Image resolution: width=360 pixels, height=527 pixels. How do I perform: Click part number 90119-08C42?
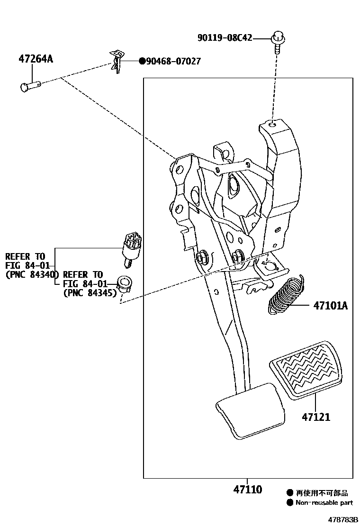[x=225, y=37]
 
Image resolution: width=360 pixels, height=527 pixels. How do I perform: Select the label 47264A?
[x=36, y=59]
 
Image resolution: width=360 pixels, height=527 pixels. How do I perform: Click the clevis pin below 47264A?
[x=31, y=86]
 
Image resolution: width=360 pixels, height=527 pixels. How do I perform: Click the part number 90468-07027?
[x=173, y=61]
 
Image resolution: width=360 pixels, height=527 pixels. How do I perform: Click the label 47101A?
[x=330, y=306]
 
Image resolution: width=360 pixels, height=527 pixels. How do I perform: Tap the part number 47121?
[x=316, y=417]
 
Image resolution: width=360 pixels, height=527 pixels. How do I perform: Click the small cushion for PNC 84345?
[x=125, y=283]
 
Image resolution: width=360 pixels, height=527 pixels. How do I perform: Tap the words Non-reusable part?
[x=324, y=503]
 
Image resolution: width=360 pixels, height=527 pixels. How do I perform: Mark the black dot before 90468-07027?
[x=141, y=61]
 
